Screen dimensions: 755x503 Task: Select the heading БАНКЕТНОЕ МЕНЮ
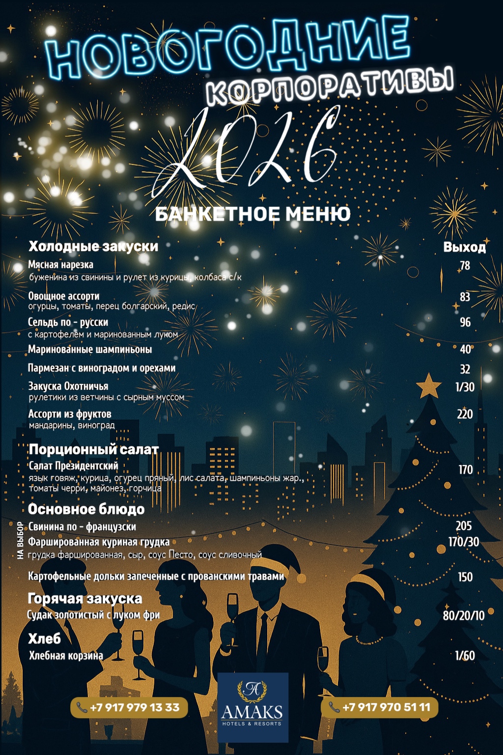252,214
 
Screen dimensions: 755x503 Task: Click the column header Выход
464,247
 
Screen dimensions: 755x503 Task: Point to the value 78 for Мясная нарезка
465,266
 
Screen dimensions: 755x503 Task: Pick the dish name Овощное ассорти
64,296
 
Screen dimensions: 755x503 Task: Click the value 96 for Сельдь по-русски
465,322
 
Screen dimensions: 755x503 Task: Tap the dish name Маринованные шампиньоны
90,349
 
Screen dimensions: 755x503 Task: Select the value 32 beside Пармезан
465,369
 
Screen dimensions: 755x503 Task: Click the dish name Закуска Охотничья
68,386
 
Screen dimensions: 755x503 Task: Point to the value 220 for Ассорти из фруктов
465,414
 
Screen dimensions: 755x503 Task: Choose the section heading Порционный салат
94,449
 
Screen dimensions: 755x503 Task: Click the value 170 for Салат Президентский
465,470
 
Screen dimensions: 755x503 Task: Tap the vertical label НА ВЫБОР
20,540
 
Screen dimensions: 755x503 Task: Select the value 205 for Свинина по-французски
464,526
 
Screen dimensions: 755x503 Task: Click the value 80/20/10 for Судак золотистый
463,615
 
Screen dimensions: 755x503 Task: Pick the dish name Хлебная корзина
66,656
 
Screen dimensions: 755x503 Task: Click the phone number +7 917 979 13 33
129,707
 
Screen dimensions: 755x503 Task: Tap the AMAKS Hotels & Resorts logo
252,707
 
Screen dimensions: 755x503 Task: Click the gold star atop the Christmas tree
429,386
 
